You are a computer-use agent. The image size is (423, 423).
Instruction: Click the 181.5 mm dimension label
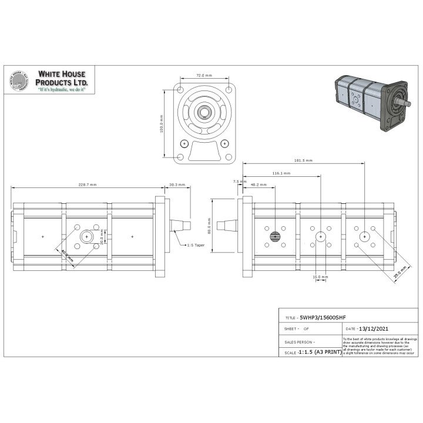click(304, 160)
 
